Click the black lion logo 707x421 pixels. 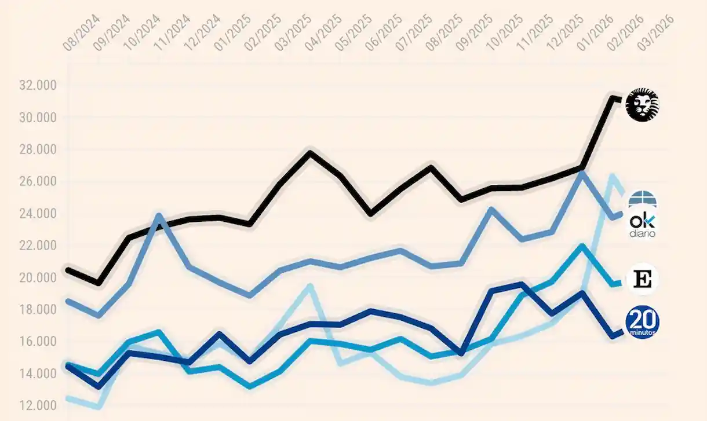[x=643, y=105]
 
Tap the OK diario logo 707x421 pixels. [x=642, y=225]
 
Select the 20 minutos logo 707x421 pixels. [x=642, y=322]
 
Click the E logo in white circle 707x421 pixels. [x=642, y=279]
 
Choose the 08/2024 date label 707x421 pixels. [x=79, y=34]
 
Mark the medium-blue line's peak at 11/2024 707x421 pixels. [x=159, y=216]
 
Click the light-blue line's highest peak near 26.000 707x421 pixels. [x=613, y=175]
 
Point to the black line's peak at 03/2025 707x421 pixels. [x=310, y=153]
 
